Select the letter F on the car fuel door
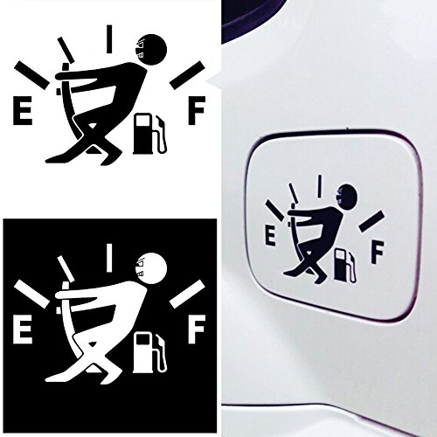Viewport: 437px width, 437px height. coord(378,248)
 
